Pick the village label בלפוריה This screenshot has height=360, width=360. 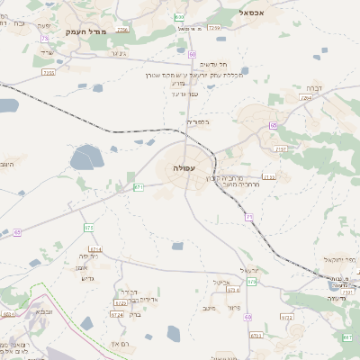point(197,121)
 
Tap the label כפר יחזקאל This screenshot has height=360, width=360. point(340,260)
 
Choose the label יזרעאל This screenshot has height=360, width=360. point(249,270)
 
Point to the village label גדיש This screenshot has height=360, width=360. point(88,277)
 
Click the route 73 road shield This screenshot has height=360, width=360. point(45,39)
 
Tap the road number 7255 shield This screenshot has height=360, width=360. point(49,72)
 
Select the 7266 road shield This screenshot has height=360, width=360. point(213,29)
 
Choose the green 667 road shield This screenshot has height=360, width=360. point(347,337)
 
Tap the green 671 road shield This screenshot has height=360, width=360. point(139,187)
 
